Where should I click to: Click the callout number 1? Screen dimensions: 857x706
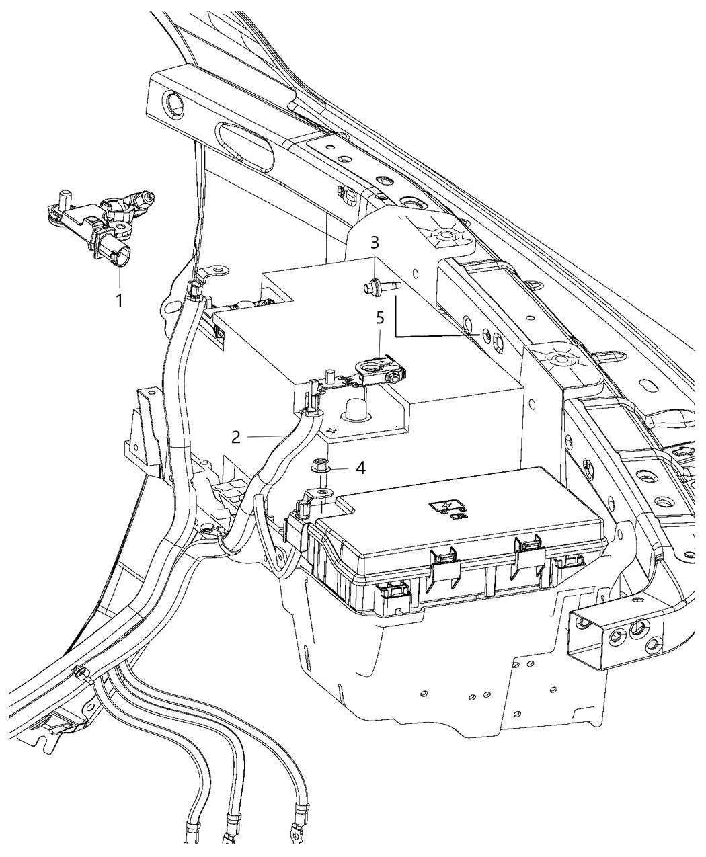(x=120, y=300)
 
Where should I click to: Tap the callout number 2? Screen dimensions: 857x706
(x=236, y=436)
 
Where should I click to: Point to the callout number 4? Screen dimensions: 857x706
(x=360, y=468)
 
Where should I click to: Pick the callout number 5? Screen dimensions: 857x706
(x=380, y=317)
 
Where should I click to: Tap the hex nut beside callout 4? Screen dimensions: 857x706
(x=320, y=465)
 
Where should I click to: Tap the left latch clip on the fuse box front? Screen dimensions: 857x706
(x=440, y=559)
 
